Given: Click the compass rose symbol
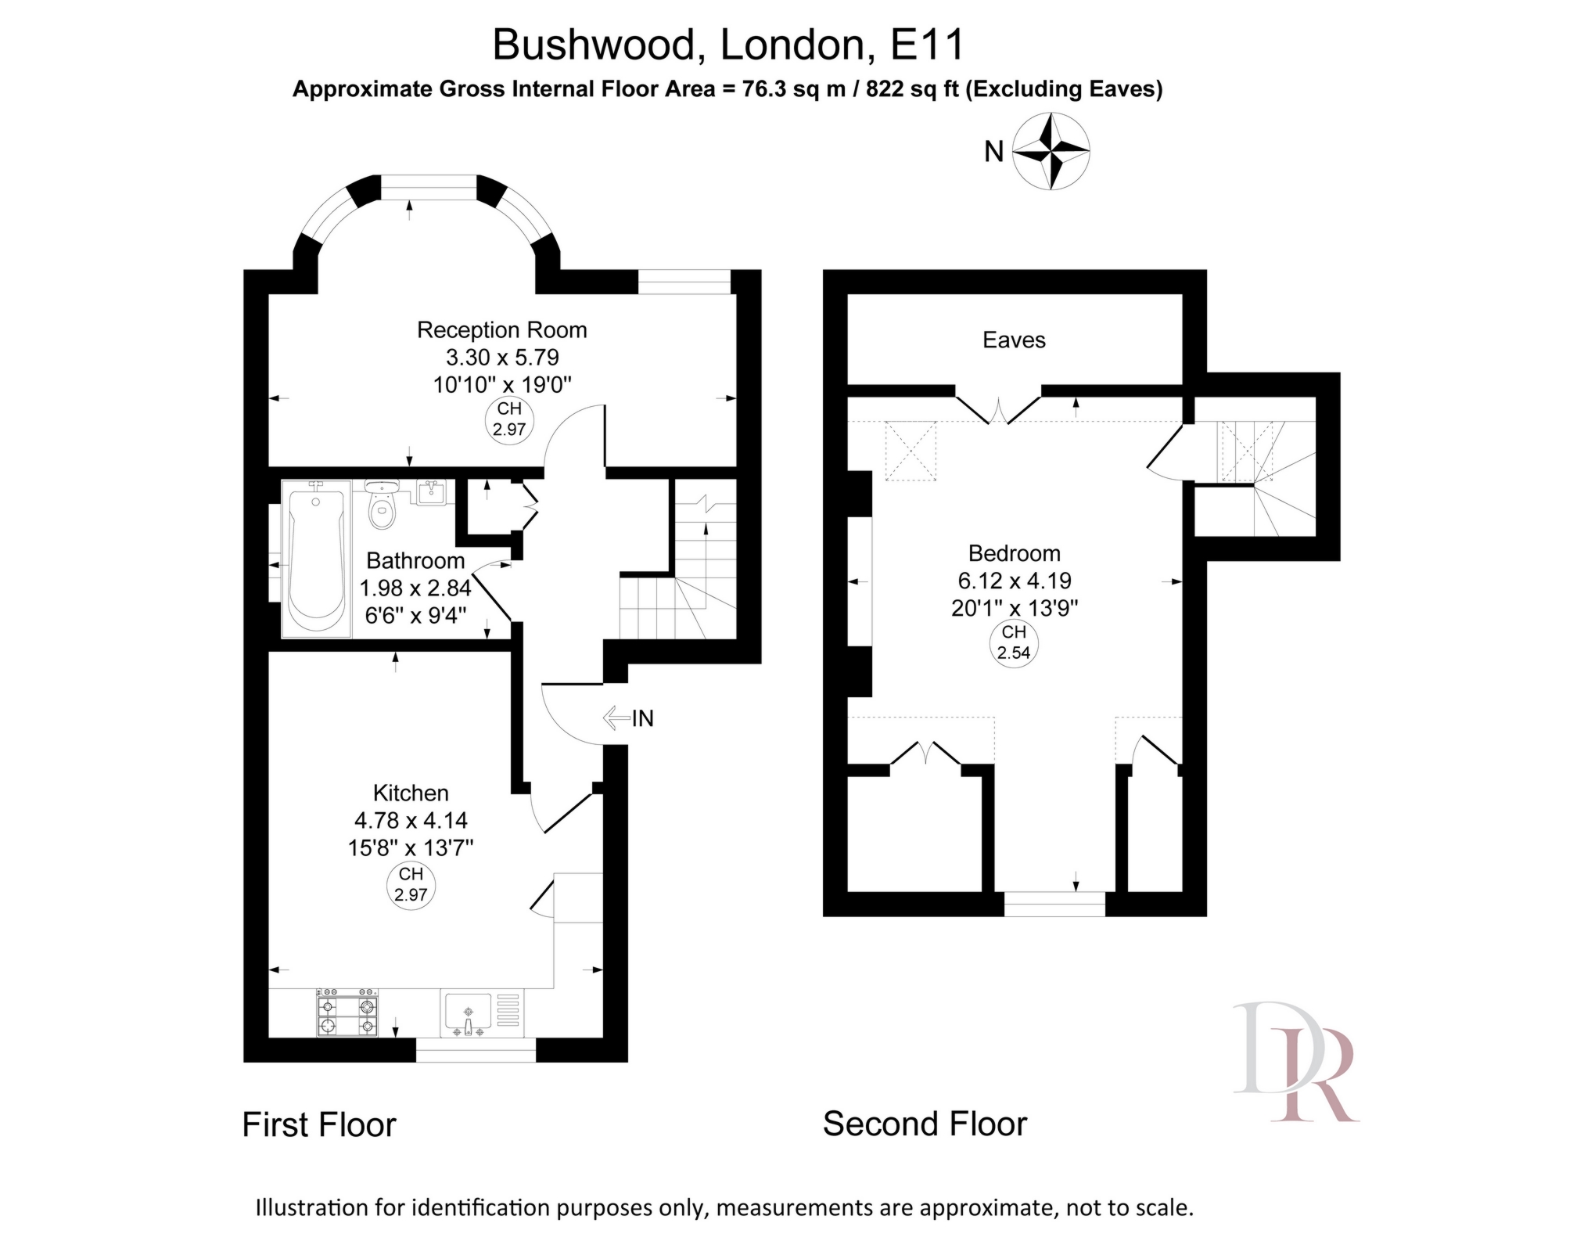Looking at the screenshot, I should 1051,151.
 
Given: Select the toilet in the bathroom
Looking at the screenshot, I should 382,505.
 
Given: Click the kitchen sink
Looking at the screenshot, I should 469,1015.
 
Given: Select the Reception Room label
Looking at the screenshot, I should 501,330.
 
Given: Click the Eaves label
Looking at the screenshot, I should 1014,340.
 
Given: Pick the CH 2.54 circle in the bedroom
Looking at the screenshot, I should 1014,643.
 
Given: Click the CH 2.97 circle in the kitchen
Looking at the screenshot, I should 411,885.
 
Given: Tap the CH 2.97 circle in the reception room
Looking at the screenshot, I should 509,420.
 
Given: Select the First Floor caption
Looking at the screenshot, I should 319,1125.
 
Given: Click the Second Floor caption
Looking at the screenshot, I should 925,1124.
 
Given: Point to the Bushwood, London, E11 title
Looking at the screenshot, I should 728,45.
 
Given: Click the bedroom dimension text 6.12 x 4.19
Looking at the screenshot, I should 1014,581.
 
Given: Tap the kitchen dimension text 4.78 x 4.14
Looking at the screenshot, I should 411,820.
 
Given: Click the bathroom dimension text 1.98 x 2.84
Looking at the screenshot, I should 415,588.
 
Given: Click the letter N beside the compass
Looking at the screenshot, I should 993,152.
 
